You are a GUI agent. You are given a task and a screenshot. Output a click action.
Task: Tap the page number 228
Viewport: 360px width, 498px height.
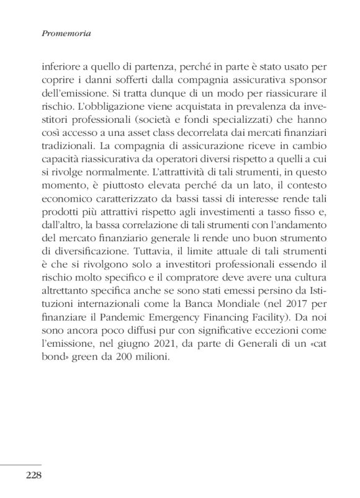33,476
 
